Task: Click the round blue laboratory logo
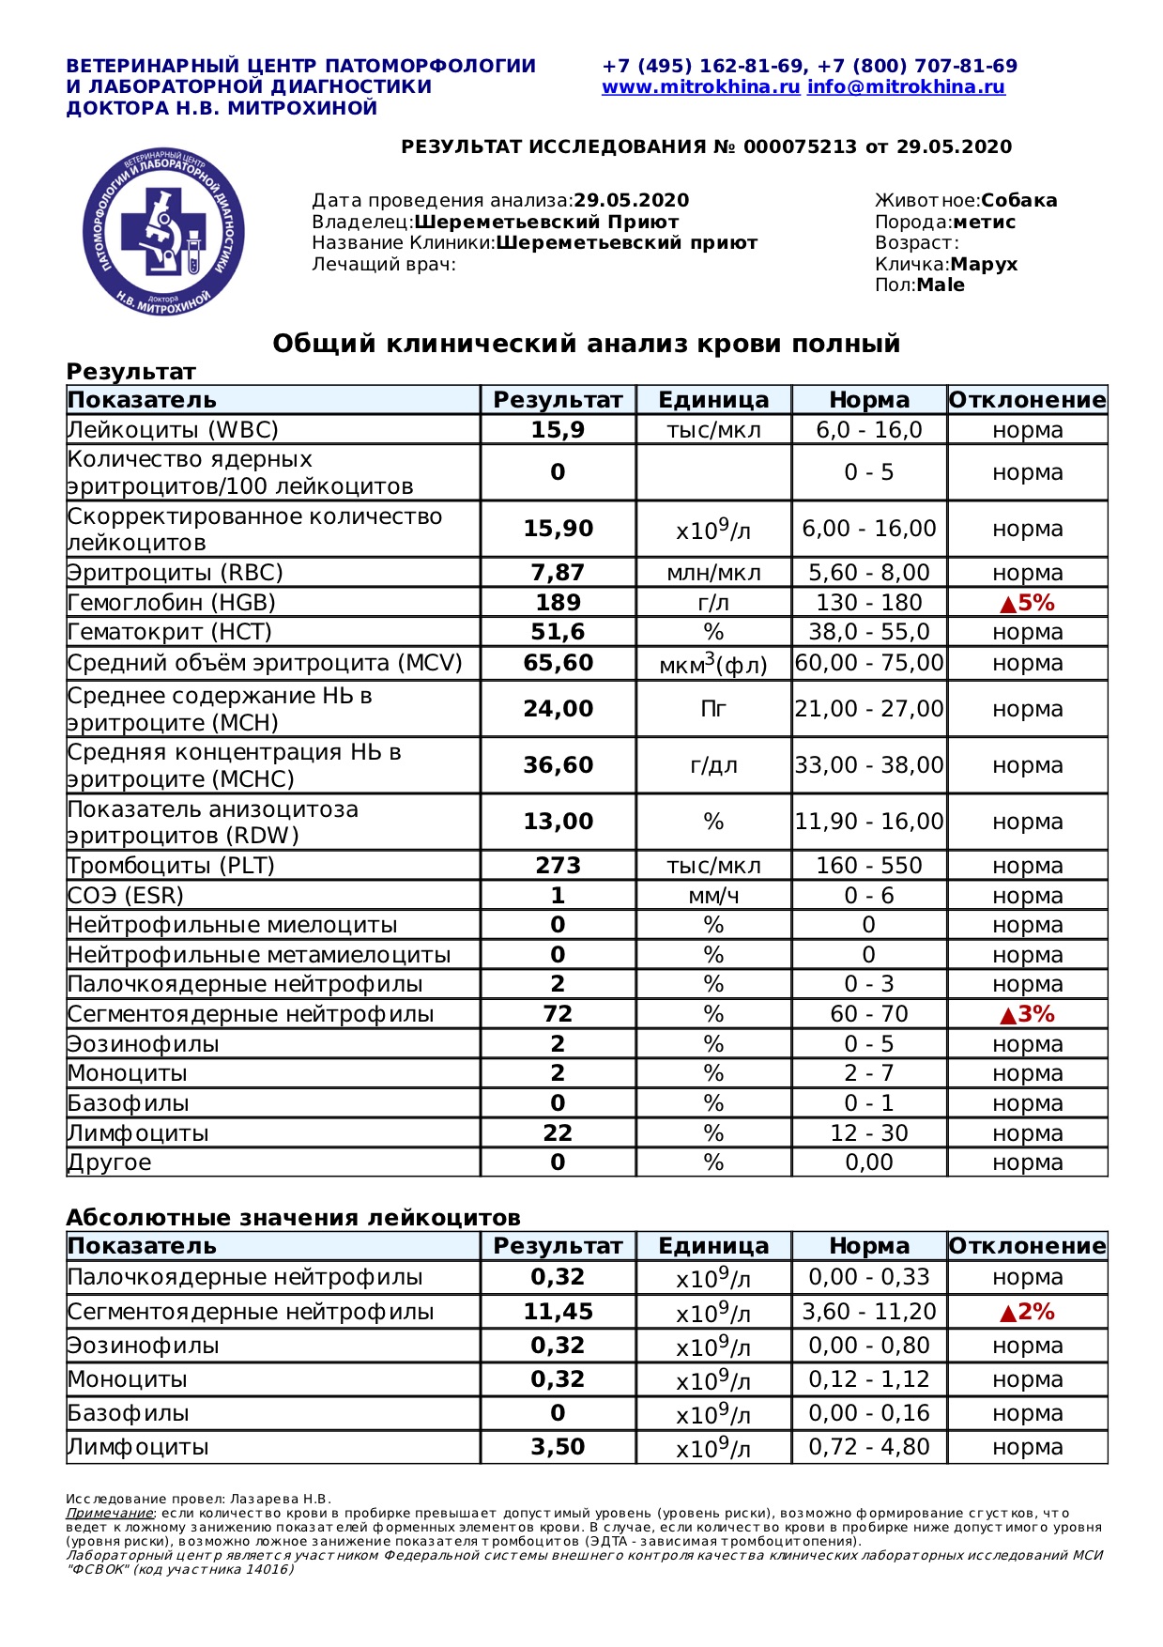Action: pyautogui.click(x=164, y=231)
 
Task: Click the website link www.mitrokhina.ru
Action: pyautogui.click(x=700, y=87)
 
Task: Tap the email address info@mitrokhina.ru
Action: pyautogui.click(x=906, y=87)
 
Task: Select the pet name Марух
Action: pyautogui.click(x=984, y=264)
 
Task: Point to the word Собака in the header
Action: pyautogui.click(x=1019, y=200)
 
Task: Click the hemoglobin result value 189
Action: pyautogui.click(x=558, y=603)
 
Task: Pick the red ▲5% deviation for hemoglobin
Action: pyautogui.click(x=1027, y=603)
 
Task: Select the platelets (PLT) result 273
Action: pyautogui.click(x=558, y=866)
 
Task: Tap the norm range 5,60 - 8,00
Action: pyautogui.click(x=869, y=573)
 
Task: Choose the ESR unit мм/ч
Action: pyautogui.click(x=713, y=896)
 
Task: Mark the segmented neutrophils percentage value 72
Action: pyautogui.click(x=558, y=1014)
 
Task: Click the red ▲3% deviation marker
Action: pyautogui.click(x=1027, y=1014)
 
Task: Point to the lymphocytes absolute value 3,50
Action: pyautogui.click(x=558, y=1447)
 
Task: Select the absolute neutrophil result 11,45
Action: pyautogui.click(x=558, y=1312)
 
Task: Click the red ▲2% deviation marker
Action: pyautogui.click(x=1027, y=1312)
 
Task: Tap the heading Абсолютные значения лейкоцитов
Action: pyautogui.click(x=293, y=1218)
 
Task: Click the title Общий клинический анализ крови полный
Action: pyautogui.click(x=586, y=344)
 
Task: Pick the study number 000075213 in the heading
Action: pyautogui.click(x=800, y=147)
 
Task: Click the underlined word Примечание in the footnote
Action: pyautogui.click(x=109, y=1513)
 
